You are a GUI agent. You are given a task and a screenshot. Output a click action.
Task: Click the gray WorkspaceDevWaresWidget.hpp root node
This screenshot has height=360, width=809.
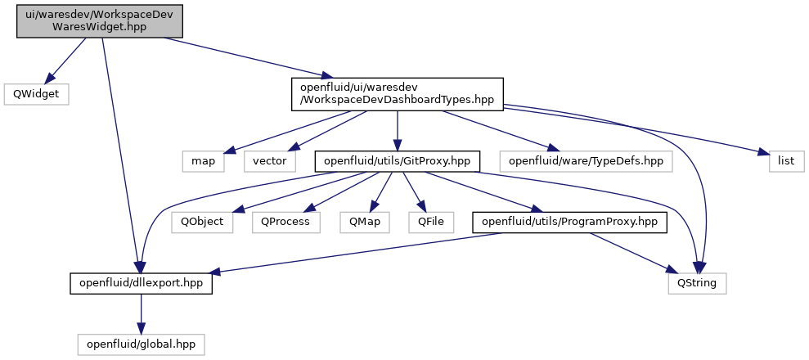click(100, 21)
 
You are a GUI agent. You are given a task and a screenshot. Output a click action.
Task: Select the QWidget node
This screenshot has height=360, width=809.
click(36, 95)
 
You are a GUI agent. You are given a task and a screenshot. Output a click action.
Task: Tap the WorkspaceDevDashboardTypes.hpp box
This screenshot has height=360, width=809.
click(397, 94)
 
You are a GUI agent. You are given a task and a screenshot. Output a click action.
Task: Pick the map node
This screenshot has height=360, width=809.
click(204, 161)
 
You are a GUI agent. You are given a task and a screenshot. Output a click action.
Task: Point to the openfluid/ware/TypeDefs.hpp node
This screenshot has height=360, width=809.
click(587, 161)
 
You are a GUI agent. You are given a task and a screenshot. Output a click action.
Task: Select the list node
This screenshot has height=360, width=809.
click(786, 161)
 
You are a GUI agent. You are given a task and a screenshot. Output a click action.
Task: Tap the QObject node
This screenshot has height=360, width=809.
click(202, 223)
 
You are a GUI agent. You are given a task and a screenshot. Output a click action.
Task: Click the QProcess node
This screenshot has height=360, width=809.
click(285, 223)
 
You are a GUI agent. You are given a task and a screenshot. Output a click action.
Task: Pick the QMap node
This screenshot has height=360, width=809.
click(364, 223)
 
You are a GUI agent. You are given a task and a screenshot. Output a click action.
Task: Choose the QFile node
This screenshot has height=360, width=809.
click(431, 223)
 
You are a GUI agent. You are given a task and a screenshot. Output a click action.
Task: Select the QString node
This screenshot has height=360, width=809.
click(697, 283)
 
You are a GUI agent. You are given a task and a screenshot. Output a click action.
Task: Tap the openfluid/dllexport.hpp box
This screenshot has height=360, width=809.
click(142, 283)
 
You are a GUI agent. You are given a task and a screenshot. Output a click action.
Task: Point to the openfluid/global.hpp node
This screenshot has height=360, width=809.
click(141, 344)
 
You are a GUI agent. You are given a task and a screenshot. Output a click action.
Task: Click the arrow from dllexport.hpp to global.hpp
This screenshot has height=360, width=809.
click(141, 313)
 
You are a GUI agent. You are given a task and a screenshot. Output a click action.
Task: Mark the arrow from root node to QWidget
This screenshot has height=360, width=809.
click(65, 61)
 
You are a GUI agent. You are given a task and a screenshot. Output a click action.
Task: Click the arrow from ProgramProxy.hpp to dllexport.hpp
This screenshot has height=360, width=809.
click(357, 252)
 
